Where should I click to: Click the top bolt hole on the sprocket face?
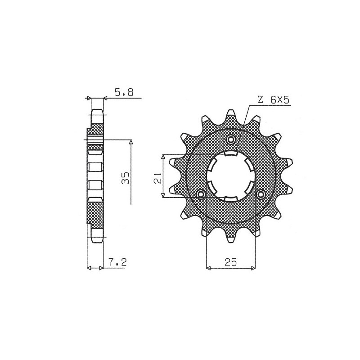(x=231, y=139)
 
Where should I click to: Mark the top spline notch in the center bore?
(x=231, y=154)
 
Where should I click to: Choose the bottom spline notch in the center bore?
(x=231, y=198)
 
